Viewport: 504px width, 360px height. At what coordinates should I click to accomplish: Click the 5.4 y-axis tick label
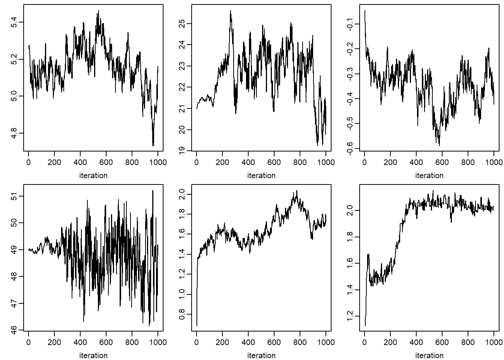tap(14, 22)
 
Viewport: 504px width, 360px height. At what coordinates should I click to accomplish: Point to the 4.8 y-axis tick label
tap(14, 133)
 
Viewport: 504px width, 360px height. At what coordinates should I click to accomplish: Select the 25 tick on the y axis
tap(182, 24)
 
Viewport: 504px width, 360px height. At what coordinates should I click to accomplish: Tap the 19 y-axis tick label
tap(182, 150)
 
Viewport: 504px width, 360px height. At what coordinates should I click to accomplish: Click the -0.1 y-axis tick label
tap(350, 24)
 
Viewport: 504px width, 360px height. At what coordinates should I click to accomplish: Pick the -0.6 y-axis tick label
tap(350, 148)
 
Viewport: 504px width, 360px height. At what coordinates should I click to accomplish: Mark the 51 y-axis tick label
tap(14, 196)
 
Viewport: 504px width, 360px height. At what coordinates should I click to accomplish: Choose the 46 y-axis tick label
tap(14, 330)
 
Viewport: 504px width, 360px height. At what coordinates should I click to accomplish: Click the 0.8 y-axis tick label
tap(182, 314)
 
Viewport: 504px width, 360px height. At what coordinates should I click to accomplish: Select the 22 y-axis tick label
tap(182, 87)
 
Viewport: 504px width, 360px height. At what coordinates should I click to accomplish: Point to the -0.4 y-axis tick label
tap(350, 99)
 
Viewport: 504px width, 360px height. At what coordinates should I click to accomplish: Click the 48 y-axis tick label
tap(14, 276)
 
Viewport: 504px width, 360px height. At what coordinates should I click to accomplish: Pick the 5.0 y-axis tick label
tap(14, 96)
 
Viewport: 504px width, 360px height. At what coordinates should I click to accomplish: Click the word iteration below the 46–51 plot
tap(93, 355)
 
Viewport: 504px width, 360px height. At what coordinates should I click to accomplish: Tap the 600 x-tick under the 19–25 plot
tap(274, 162)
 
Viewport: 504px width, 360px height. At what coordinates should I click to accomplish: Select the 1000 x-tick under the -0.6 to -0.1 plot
tap(494, 162)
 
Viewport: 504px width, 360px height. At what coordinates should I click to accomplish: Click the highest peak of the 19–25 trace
tap(231, 11)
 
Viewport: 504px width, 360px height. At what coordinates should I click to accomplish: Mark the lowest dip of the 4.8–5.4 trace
tap(153, 145)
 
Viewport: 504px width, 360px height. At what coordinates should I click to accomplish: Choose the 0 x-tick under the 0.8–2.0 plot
tap(196, 342)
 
